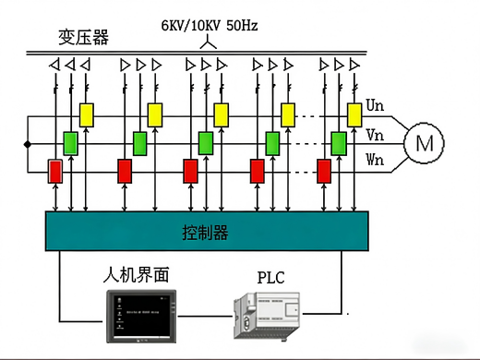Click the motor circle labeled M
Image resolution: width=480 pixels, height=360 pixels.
pyautogui.click(x=424, y=143)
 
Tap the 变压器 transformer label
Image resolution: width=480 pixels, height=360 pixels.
pyautogui.click(x=84, y=37)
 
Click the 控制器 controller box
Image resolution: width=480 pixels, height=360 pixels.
pyautogui.click(x=207, y=231)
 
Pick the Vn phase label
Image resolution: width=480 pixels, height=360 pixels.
pyautogui.click(x=376, y=134)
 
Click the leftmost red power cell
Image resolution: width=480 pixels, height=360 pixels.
pyautogui.click(x=55, y=172)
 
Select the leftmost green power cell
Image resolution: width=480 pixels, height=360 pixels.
pyautogui.click(x=71, y=143)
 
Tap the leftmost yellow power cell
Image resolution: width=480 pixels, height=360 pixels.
pyautogui.click(x=87, y=114)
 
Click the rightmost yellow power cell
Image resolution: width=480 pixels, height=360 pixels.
pyautogui.click(x=354, y=114)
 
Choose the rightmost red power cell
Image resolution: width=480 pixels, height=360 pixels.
pyautogui.click(x=324, y=172)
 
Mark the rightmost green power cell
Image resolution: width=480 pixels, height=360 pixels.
pyautogui.click(x=339, y=143)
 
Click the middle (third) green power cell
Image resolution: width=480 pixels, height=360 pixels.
pyautogui.click(x=206, y=143)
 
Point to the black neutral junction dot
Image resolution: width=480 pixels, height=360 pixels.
pyautogui.click(x=27, y=144)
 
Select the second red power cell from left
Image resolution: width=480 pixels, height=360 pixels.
pyautogui.click(x=125, y=172)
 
